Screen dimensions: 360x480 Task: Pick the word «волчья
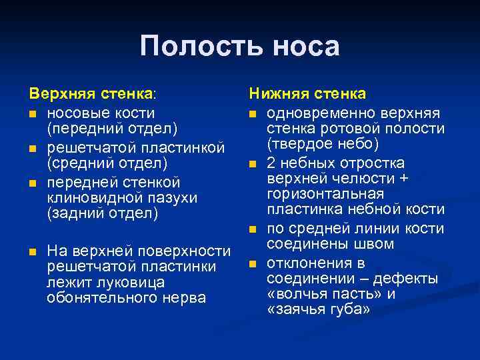295,294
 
